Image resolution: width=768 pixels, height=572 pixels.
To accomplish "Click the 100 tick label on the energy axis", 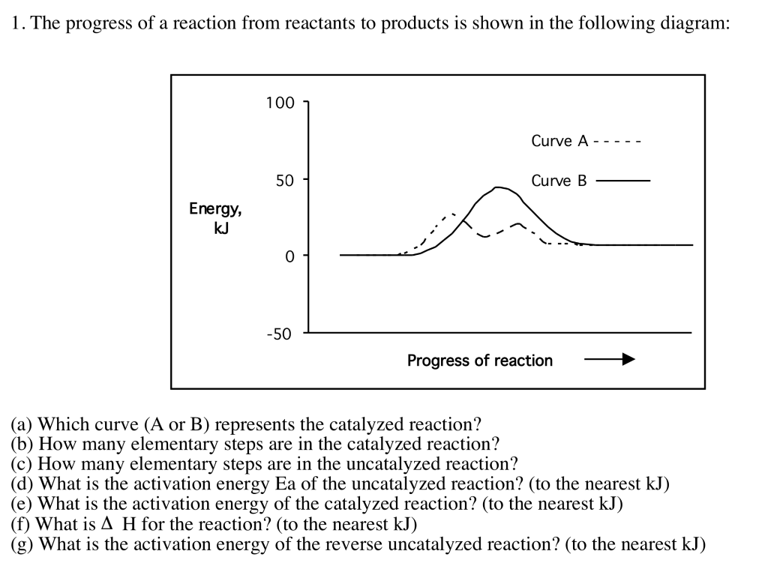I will pyautogui.click(x=280, y=103).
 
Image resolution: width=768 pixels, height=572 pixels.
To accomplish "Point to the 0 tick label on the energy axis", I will pyautogui.click(x=289, y=256).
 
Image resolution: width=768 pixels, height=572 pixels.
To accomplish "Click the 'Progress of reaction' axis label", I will pyautogui.click(x=479, y=361).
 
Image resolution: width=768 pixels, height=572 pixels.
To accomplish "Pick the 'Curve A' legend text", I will pyautogui.click(x=559, y=141).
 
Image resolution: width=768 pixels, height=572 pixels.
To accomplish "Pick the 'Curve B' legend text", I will pyautogui.click(x=559, y=181).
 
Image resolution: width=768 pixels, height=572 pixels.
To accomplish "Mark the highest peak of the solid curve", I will pyautogui.click(x=498, y=187).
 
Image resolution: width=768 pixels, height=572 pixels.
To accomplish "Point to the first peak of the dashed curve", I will pyautogui.click(x=453, y=214).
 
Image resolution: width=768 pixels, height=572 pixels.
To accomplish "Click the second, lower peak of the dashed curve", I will pyautogui.click(x=518, y=223).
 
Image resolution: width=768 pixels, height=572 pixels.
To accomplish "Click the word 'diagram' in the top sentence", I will pyautogui.click(x=696, y=23).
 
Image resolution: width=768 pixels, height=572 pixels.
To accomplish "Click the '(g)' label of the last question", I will pyautogui.click(x=22, y=544).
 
